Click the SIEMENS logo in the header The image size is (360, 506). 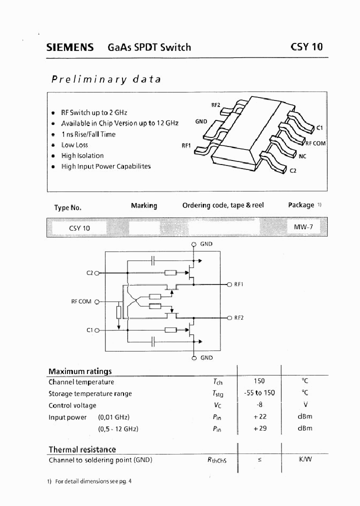click(x=70, y=47)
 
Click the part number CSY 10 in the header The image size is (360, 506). click(x=306, y=47)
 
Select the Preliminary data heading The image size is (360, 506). click(x=106, y=79)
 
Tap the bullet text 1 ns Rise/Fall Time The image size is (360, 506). click(x=88, y=134)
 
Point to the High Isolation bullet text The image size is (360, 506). click(x=82, y=155)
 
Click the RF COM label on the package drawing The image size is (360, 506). click(x=315, y=143)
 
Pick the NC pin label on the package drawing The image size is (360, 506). click(x=302, y=156)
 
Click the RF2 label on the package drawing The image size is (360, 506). click(x=215, y=105)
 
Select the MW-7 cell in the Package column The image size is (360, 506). click(x=303, y=227)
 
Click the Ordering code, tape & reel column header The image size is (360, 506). click(x=222, y=205)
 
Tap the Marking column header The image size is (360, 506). click(x=143, y=205)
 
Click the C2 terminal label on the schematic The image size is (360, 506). click(x=90, y=273)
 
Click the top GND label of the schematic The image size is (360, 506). click(x=206, y=244)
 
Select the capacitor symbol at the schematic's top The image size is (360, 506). click(x=153, y=260)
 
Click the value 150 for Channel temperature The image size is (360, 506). click(x=259, y=381)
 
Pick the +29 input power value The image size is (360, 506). click(x=259, y=428)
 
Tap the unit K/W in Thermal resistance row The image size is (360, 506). click(x=305, y=459)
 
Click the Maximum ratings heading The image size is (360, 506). click(x=80, y=371)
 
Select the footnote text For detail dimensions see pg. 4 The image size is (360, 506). click(x=93, y=481)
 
